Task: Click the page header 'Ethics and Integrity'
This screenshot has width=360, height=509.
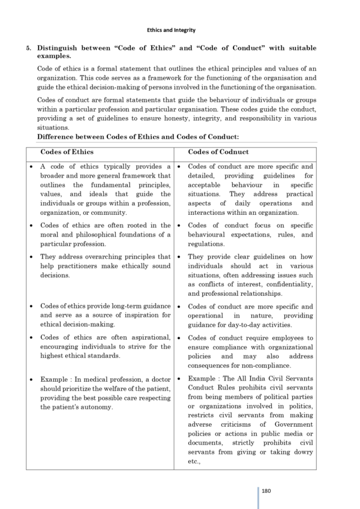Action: [171, 30]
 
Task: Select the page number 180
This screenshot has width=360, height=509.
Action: [267, 490]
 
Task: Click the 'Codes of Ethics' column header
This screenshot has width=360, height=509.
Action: [67, 152]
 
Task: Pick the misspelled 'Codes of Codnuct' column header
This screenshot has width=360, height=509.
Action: [218, 152]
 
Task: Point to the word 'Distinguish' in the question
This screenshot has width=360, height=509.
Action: [57, 47]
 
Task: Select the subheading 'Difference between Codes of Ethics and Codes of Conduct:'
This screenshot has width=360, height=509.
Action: [138, 137]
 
